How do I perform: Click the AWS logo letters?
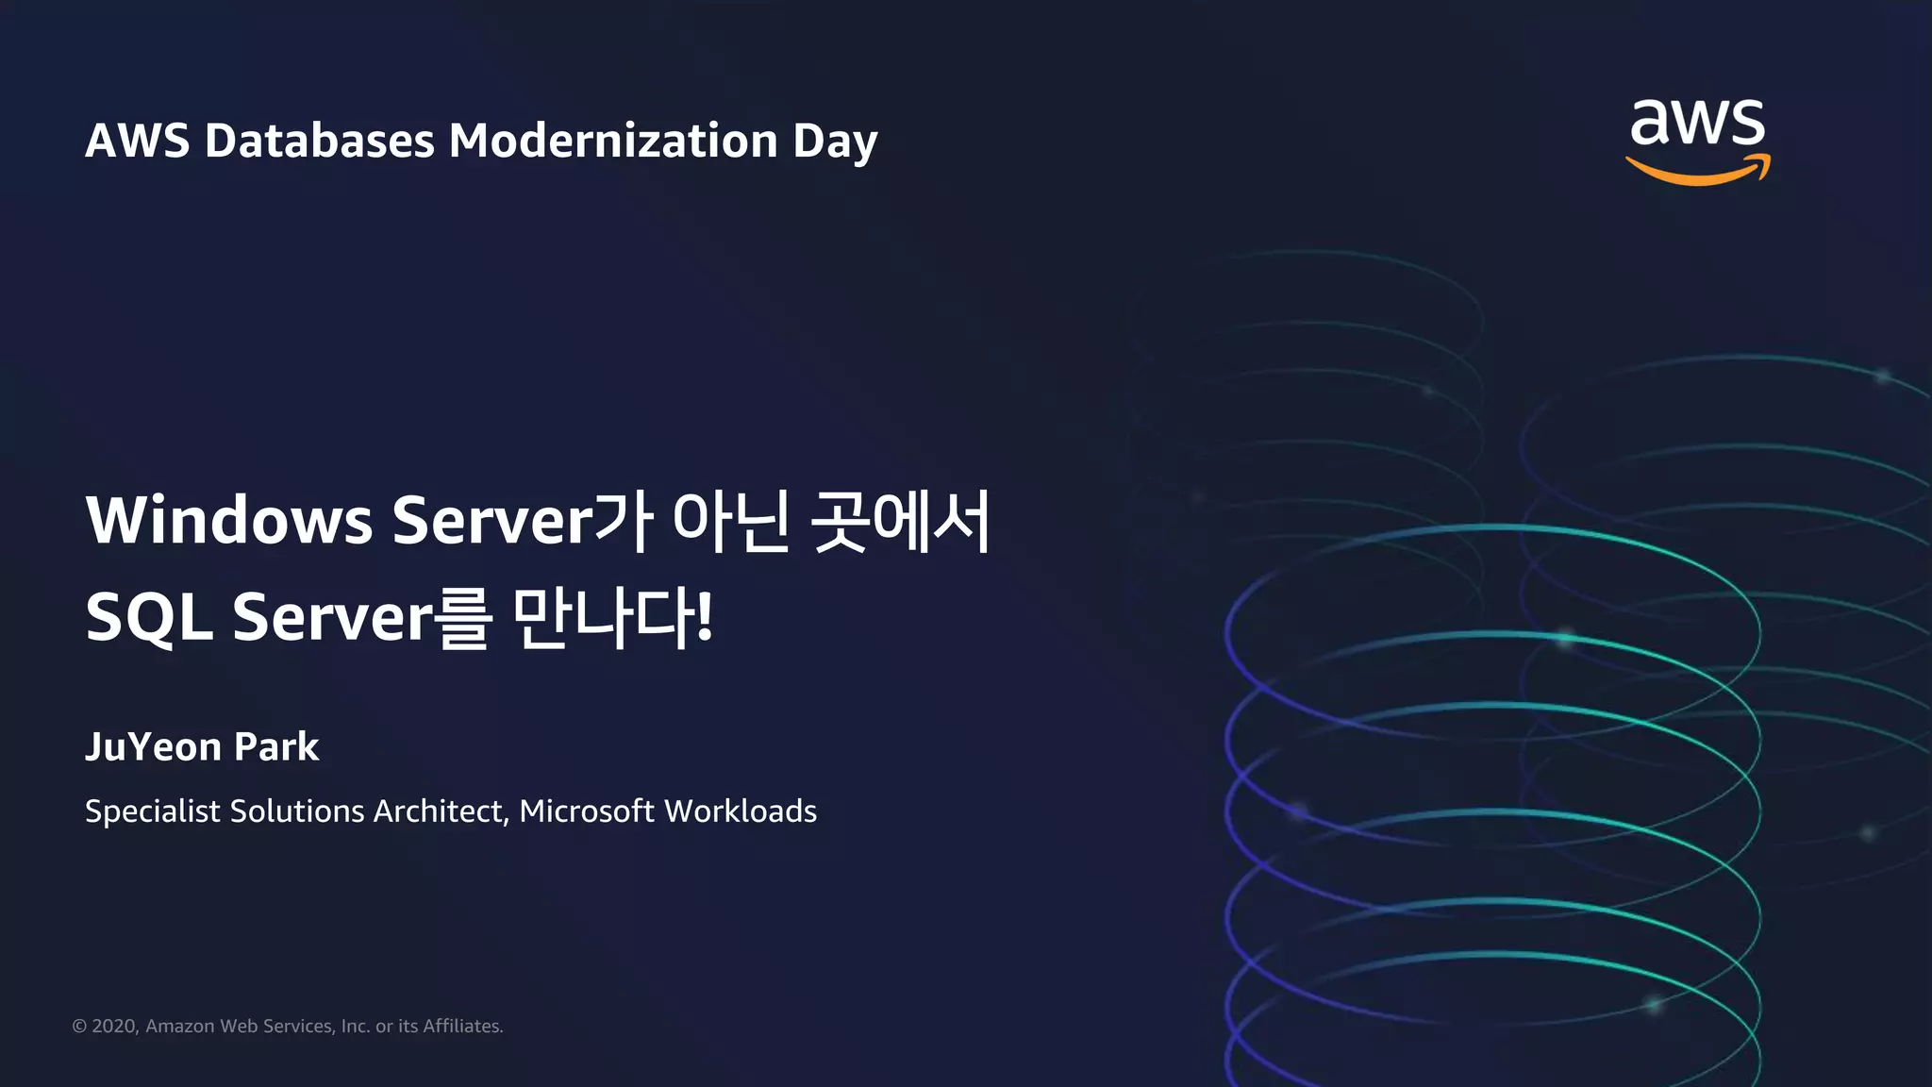point(1697,124)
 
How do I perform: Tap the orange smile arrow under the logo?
point(1697,174)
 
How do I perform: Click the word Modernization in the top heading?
point(612,141)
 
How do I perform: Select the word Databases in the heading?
point(319,141)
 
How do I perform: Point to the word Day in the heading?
point(835,142)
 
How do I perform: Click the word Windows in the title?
point(229,520)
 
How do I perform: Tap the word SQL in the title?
point(148,617)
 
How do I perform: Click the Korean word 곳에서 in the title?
point(900,520)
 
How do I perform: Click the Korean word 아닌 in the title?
point(730,520)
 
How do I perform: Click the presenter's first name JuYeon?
point(153,747)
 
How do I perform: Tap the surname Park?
point(276,747)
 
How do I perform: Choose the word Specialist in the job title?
point(152,811)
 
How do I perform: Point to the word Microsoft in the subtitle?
point(586,811)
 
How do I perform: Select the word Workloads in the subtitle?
point(741,811)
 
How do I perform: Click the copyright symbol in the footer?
point(79,1027)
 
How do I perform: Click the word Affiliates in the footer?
point(462,1027)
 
